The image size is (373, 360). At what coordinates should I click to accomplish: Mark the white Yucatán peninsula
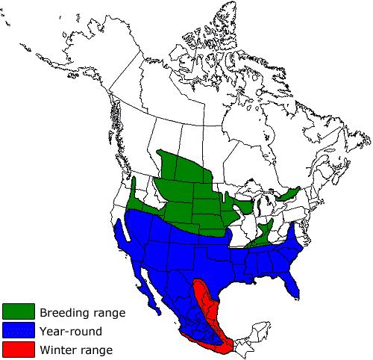(257, 328)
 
